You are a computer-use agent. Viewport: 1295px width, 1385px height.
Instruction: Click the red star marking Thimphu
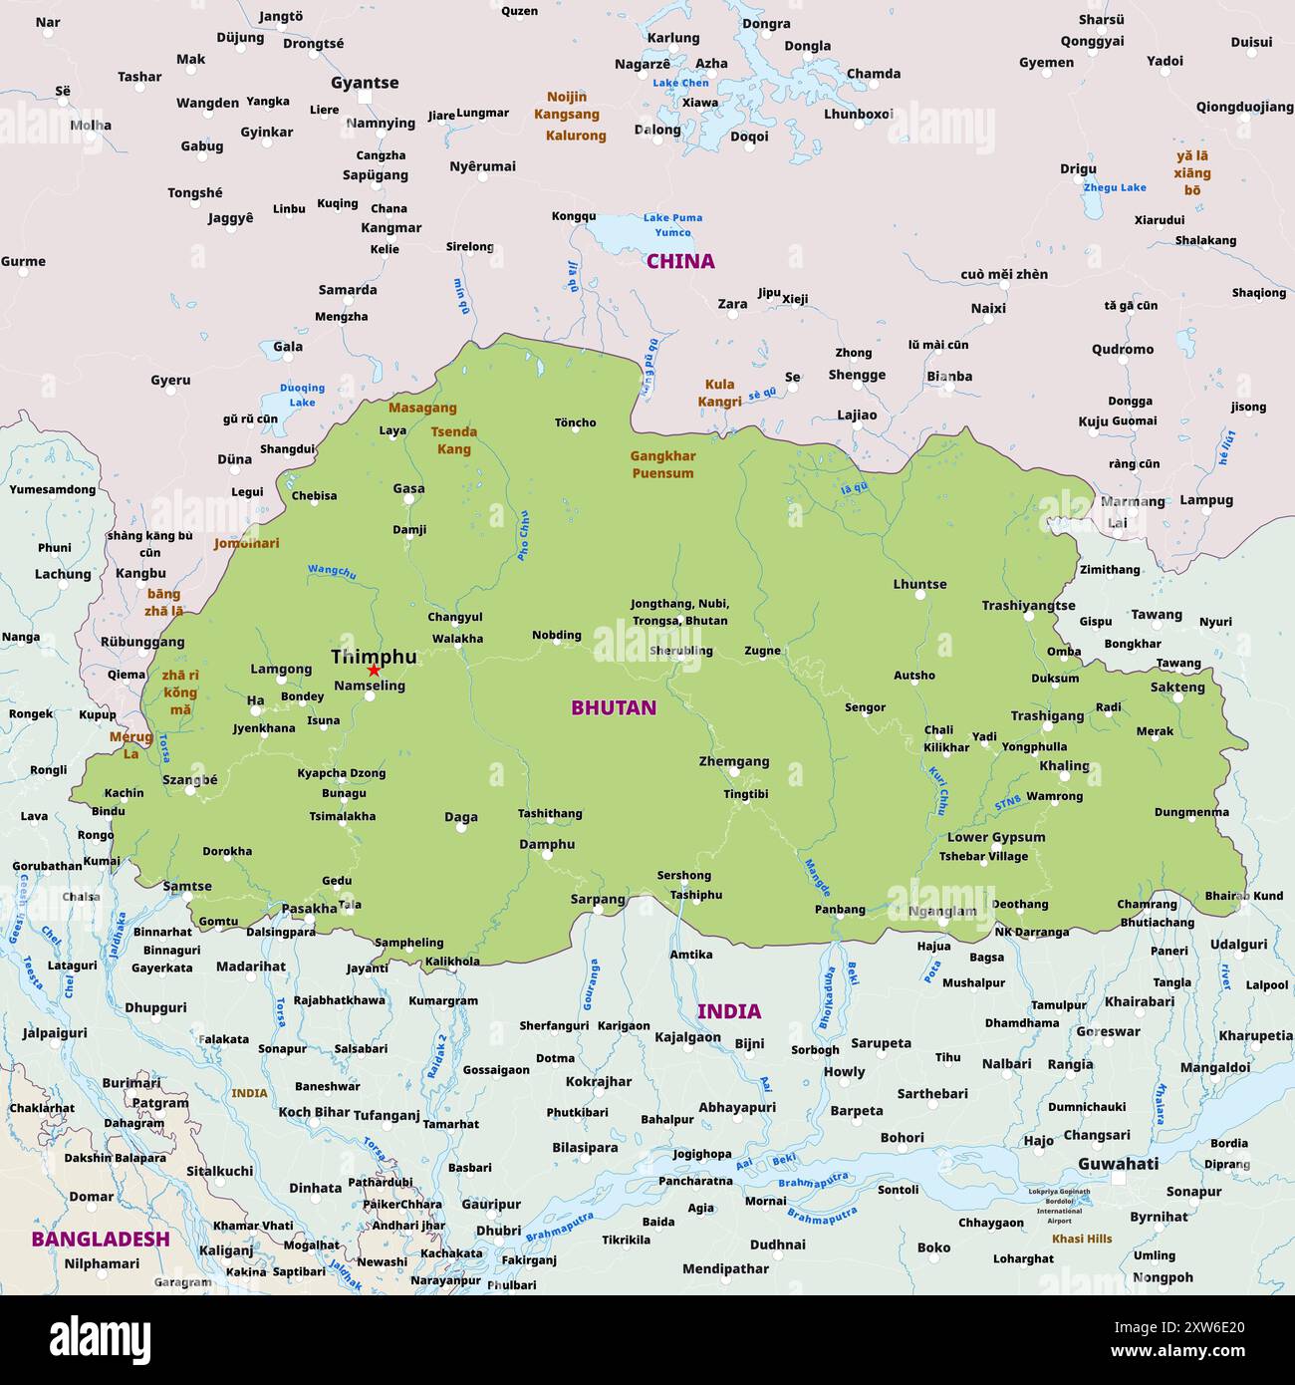(374, 671)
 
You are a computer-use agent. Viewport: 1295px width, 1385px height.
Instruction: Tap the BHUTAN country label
(614, 707)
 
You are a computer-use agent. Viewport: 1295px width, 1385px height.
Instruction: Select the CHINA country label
(680, 261)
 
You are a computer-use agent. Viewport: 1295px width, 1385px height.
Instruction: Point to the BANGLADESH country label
(101, 1239)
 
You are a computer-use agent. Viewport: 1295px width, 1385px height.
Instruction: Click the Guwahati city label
(1118, 1163)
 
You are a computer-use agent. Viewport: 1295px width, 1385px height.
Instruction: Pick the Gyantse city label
(365, 83)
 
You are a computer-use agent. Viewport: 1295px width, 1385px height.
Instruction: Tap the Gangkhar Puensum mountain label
(662, 464)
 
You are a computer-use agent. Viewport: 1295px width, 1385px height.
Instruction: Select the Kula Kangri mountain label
(719, 393)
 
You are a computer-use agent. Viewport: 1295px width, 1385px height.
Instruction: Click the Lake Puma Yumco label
(672, 224)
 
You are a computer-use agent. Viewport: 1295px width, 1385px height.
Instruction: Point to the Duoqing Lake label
(302, 395)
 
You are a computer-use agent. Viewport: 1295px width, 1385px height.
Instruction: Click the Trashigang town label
(1047, 715)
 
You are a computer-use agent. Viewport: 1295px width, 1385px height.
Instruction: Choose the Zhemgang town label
(734, 761)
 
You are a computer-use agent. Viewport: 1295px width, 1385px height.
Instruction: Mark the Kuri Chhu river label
(937, 790)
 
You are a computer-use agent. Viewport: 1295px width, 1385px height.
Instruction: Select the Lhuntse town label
(919, 584)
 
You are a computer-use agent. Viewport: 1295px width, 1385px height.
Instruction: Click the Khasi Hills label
(1082, 1239)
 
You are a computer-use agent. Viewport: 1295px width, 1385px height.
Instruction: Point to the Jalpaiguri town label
(55, 1033)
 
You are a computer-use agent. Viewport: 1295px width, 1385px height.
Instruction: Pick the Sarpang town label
(598, 899)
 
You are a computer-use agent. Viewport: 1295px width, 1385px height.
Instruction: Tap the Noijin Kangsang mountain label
(567, 105)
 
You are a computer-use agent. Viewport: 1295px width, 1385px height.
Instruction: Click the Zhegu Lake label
(1115, 187)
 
